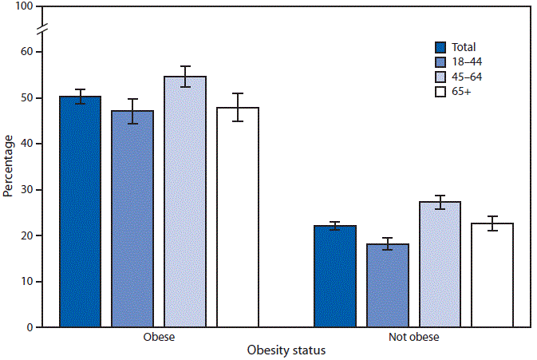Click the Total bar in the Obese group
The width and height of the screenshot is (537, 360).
[x=80, y=212]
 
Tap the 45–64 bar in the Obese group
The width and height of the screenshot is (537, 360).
[x=185, y=202]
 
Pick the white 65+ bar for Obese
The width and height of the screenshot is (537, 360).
[x=238, y=217]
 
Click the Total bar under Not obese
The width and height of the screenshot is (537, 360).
[x=335, y=276]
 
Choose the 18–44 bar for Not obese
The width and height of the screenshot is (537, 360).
[x=388, y=285]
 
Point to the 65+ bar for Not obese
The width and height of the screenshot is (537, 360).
[x=492, y=275]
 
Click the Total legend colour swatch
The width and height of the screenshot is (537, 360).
[x=440, y=47]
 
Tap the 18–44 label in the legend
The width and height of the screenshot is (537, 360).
[x=467, y=62]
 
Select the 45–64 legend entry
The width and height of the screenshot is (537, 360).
[x=467, y=77]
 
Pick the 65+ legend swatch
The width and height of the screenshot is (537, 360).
[x=440, y=93]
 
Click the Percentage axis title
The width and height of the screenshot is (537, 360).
[x=8, y=166]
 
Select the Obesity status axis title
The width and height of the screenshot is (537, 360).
[x=286, y=350]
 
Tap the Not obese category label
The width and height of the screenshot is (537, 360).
[x=413, y=337]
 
